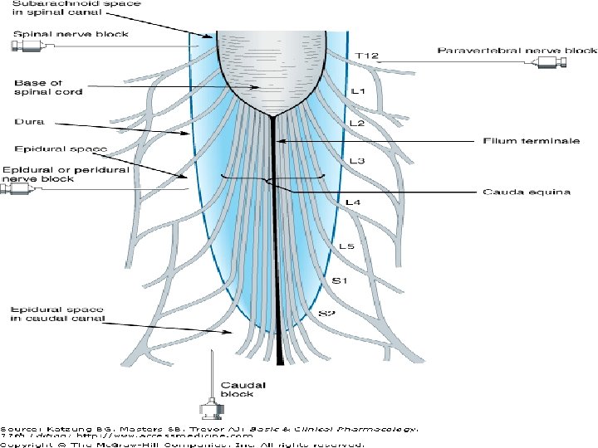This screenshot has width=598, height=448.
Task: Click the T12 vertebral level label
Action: click(x=366, y=55)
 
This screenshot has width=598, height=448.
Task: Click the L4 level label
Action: click(x=353, y=202)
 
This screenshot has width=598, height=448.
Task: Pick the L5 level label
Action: click(x=347, y=246)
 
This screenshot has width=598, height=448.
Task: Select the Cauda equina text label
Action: click(x=527, y=192)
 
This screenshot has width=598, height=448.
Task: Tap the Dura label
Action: click(x=24, y=121)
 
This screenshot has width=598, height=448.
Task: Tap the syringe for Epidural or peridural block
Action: click(x=18, y=190)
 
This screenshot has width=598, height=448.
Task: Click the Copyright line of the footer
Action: click(x=183, y=445)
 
